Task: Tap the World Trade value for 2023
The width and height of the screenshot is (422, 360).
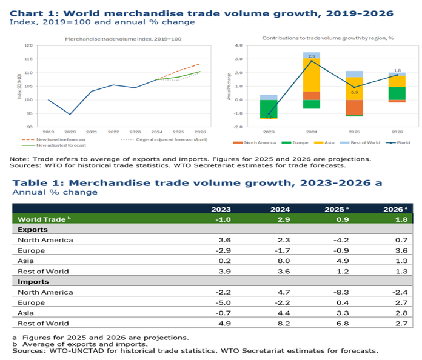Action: (223, 219)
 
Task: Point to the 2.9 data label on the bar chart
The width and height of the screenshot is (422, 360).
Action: (312, 55)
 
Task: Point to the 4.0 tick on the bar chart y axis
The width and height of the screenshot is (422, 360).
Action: (238, 45)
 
